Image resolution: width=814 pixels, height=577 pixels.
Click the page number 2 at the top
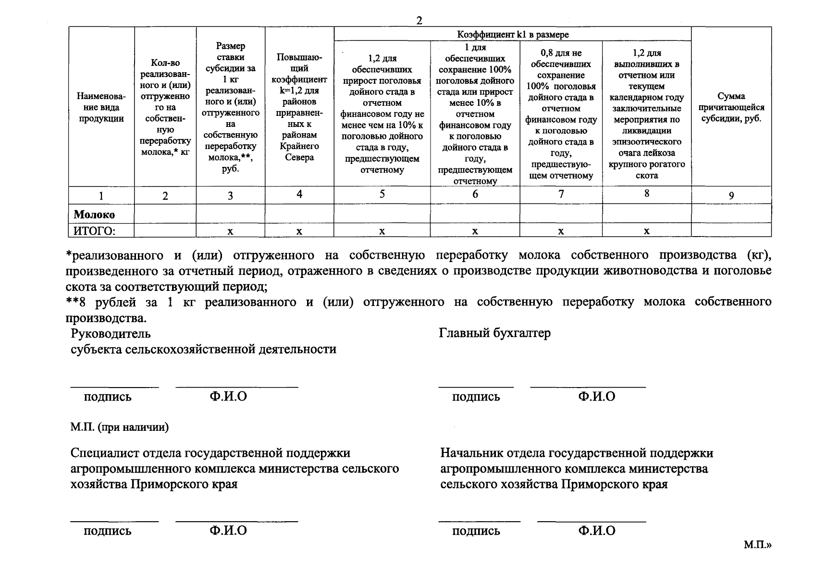[419, 21]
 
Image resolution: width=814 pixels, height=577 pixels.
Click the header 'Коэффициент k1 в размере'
[513, 35]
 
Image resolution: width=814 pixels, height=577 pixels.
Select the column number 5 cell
[382, 194]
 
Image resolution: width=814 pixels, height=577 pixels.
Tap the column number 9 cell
[731, 195]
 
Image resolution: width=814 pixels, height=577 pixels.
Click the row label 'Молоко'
[94, 214]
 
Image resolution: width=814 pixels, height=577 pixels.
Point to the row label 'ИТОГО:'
[94, 231]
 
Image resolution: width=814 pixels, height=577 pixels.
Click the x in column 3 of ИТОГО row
[230, 231]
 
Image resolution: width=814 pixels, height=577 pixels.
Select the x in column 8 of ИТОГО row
[647, 231]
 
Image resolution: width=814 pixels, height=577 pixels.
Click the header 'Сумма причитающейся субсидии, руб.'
[731, 107]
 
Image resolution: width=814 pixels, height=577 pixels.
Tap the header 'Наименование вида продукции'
[101, 107]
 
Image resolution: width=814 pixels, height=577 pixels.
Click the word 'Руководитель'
[111, 333]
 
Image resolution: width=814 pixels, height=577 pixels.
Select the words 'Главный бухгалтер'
[494, 333]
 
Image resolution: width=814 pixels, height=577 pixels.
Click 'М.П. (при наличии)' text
[120, 427]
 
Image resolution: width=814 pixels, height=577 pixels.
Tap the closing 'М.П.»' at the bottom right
[757, 545]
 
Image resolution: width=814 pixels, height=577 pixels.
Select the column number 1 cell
[101, 196]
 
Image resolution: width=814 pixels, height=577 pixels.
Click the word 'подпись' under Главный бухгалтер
[476, 397]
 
